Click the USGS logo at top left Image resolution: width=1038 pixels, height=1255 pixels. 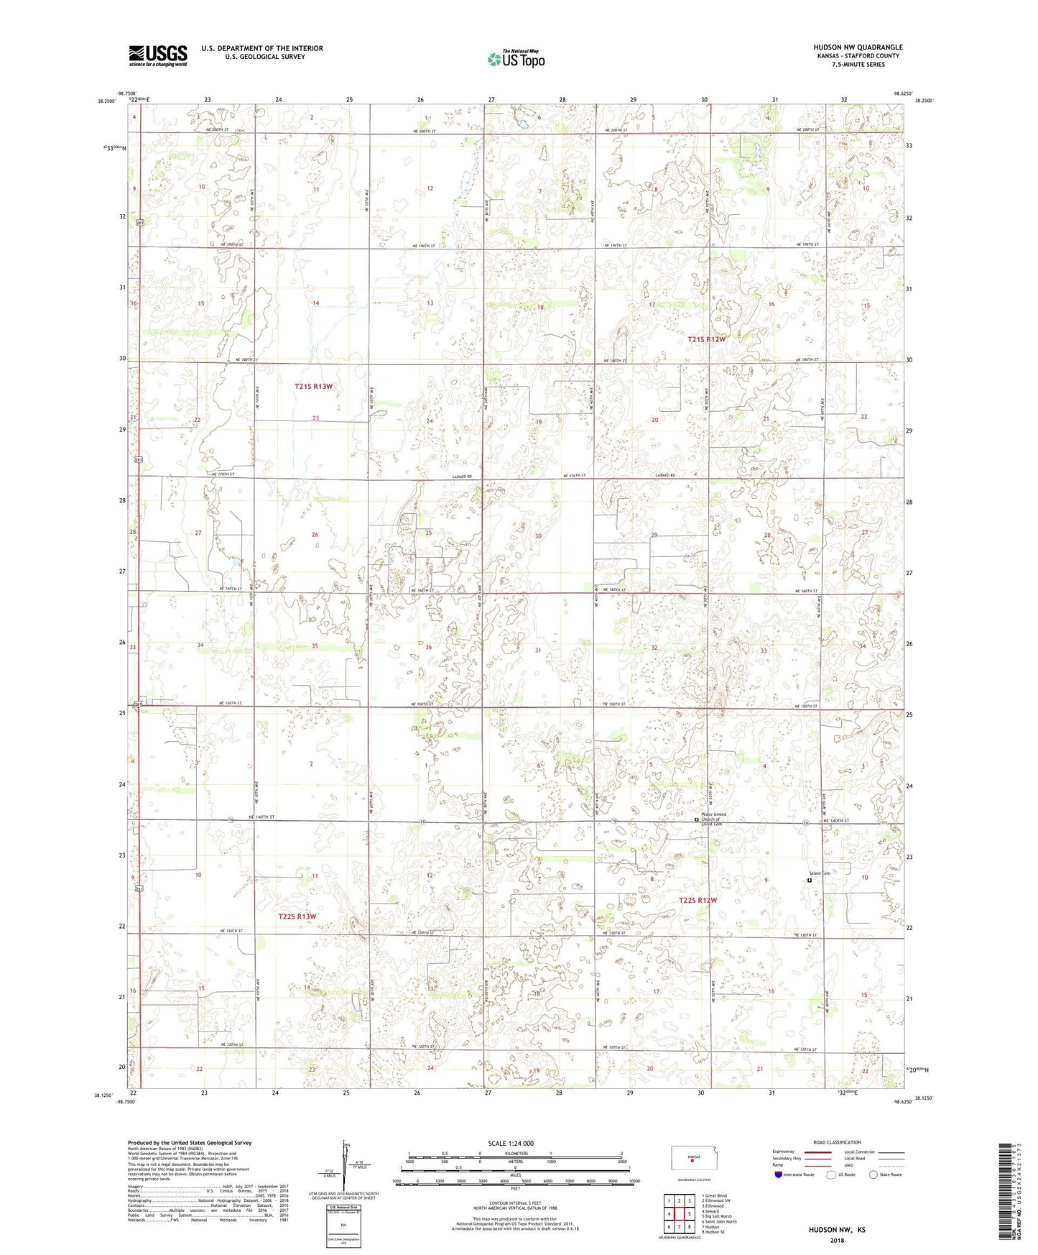(158, 55)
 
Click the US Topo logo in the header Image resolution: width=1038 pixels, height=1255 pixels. (516, 59)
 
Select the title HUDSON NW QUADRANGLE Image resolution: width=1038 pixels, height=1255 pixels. (858, 47)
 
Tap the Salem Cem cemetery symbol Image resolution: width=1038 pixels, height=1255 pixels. (810, 880)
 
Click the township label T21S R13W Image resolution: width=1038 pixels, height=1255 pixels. (314, 387)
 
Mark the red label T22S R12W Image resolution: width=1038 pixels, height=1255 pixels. (698, 900)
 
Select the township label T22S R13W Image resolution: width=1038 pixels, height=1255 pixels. (297, 916)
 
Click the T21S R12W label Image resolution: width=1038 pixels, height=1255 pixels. (706, 339)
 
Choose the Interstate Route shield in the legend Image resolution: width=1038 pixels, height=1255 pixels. (779, 1174)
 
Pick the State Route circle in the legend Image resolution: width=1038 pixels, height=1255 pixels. (874, 1174)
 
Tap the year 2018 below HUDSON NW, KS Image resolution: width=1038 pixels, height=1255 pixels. (837, 1240)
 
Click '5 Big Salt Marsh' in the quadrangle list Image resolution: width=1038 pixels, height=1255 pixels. (718, 1217)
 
